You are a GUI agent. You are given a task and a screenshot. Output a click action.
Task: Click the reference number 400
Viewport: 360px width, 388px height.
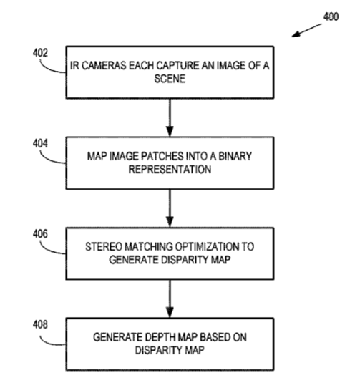pyautogui.click(x=331, y=17)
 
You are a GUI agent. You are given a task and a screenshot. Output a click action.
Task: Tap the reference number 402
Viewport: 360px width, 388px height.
pyautogui.click(x=40, y=53)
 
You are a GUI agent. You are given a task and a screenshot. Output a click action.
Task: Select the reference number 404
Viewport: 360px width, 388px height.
pyautogui.click(x=40, y=143)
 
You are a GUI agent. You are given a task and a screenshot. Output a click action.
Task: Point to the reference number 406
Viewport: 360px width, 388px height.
pyautogui.click(x=40, y=234)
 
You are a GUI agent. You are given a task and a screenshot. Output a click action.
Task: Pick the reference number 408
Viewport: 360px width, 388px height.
pyautogui.click(x=40, y=324)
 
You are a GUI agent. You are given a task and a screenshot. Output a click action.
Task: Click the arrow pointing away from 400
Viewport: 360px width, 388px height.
pyautogui.click(x=307, y=30)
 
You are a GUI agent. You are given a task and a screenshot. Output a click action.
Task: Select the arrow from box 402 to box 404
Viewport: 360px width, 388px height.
pyautogui.click(x=170, y=117)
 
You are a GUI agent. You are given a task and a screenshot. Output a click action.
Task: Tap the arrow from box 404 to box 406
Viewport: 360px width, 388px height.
pyautogui.click(x=170, y=208)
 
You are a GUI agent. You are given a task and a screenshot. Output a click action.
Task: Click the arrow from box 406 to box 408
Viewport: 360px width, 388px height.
pyautogui.click(x=170, y=299)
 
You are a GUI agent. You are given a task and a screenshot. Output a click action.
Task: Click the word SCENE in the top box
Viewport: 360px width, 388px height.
pyautogui.click(x=170, y=79)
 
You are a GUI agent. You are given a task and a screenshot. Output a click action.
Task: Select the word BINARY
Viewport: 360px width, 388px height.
pyautogui.click(x=235, y=156)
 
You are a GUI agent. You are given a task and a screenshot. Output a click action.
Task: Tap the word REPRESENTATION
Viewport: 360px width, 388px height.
pyautogui.click(x=170, y=170)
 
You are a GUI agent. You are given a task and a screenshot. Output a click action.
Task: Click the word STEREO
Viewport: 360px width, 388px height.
pyautogui.click(x=104, y=247)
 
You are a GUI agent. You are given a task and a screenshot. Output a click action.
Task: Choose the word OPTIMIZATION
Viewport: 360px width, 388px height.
pyautogui.click(x=207, y=247)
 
